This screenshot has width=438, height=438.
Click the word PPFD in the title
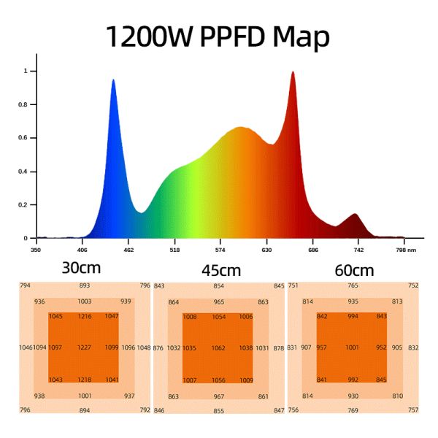241,36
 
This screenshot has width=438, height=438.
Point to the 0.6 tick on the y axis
24,138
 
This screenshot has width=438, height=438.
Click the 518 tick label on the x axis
174,250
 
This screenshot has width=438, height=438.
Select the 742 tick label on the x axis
358,250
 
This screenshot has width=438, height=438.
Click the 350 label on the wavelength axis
35,250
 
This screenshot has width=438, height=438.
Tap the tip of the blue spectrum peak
113,80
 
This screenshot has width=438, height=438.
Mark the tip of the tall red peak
293,72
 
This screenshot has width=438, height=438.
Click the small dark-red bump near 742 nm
355,215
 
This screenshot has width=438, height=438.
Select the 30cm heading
81,268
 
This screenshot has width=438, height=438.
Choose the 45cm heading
221,272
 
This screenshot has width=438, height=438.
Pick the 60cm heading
354,271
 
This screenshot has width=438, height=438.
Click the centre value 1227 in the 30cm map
85,347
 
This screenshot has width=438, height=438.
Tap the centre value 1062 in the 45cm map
218,348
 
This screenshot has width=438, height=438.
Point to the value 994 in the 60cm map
353,316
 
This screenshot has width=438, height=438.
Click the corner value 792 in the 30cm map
145,410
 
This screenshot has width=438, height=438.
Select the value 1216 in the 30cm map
85,316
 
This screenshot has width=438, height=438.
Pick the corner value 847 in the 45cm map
279,411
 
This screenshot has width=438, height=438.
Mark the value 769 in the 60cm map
353,411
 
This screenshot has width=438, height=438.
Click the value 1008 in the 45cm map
190,317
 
